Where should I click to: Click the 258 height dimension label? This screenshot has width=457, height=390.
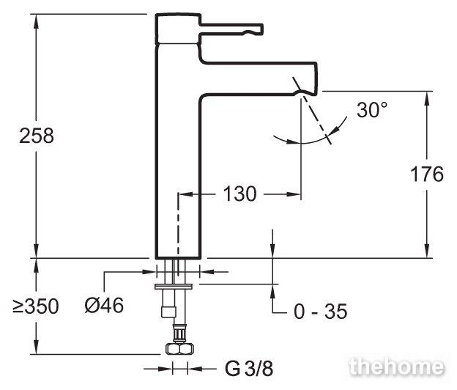pos(37,136)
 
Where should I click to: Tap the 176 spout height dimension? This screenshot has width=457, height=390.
pos(427,174)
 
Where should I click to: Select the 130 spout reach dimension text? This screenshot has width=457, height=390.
pos(239,194)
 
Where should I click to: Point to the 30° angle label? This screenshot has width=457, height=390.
pos(372,110)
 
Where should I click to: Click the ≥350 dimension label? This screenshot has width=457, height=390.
pos(36,306)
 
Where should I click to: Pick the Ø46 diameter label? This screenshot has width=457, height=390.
pos(104,306)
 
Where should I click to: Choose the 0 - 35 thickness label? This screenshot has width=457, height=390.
pos(320,312)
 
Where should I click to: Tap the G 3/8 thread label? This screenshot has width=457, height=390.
pos(249,369)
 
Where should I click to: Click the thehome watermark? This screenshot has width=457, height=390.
pos(397,366)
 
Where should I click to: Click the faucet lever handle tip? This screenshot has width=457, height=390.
pos(260,29)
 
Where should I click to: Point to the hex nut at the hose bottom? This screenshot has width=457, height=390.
pos(179,348)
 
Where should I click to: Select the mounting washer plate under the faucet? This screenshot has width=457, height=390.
pos(174,287)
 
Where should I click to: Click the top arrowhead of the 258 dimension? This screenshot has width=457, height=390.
pos(36,21)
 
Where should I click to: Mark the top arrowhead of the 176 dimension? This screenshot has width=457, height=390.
pos(427,98)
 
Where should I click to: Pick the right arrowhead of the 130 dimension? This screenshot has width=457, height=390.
pos(294,194)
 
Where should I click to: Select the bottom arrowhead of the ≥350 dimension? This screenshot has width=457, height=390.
pos(36,347)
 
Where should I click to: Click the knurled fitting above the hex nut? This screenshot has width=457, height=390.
pos(179,333)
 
